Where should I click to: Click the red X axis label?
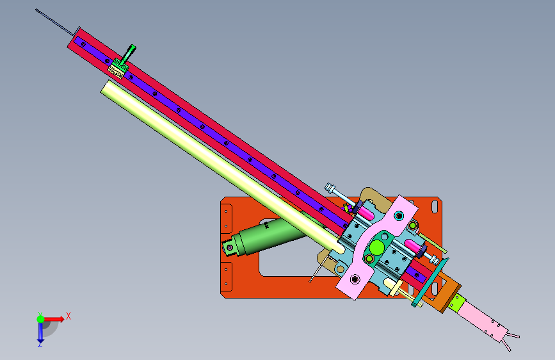(68, 316)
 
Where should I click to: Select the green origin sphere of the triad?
(41, 319)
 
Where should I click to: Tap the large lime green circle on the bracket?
(377, 247)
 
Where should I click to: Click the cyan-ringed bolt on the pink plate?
(399, 215)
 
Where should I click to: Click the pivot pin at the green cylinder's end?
(230, 248)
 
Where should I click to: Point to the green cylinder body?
(269, 236)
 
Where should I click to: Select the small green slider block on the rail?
(118, 68)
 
